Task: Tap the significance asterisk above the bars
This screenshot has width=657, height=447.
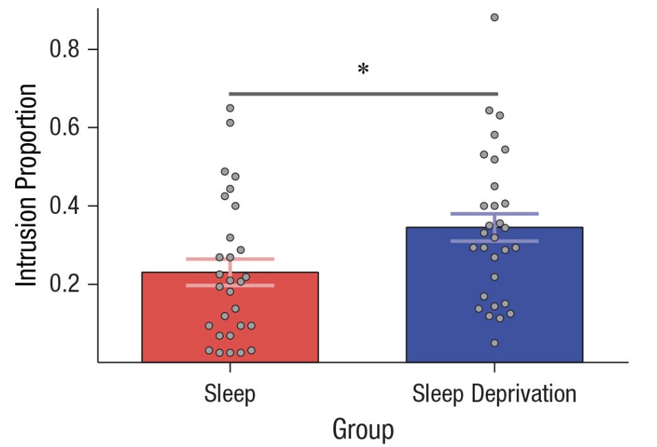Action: pos(363,69)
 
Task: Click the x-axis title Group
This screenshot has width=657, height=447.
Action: pos(363,430)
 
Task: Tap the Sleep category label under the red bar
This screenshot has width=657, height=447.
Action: pos(230,394)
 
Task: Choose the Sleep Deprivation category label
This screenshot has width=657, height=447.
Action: pos(494,394)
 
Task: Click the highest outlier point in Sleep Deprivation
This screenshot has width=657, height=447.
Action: pos(494,17)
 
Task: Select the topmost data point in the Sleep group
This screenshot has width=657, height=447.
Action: pos(230,108)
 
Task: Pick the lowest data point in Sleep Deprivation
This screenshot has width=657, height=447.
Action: pos(494,342)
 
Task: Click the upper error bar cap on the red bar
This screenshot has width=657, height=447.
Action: pos(206,259)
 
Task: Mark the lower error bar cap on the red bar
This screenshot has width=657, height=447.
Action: pos(206,285)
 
